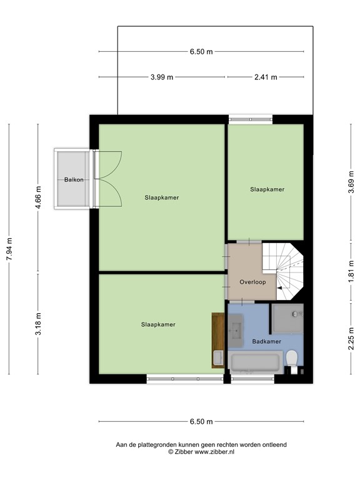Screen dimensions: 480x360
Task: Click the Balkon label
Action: (x=74, y=180)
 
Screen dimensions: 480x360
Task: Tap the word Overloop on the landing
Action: (x=252, y=282)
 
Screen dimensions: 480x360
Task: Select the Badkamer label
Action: (x=266, y=342)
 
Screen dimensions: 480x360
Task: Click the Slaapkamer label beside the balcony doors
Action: (x=161, y=197)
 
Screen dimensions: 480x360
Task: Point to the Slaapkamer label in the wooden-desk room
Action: (x=158, y=324)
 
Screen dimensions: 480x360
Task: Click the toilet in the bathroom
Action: (x=291, y=358)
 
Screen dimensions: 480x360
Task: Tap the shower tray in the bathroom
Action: (x=287, y=318)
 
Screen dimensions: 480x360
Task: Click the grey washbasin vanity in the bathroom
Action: (x=236, y=328)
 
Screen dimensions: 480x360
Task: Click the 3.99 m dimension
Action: (x=162, y=77)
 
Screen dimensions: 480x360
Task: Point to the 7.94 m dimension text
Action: (x=9, y=249)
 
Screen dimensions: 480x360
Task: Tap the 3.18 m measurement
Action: (x=38, y=324)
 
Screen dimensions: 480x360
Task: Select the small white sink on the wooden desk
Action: (x=217, y=357)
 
